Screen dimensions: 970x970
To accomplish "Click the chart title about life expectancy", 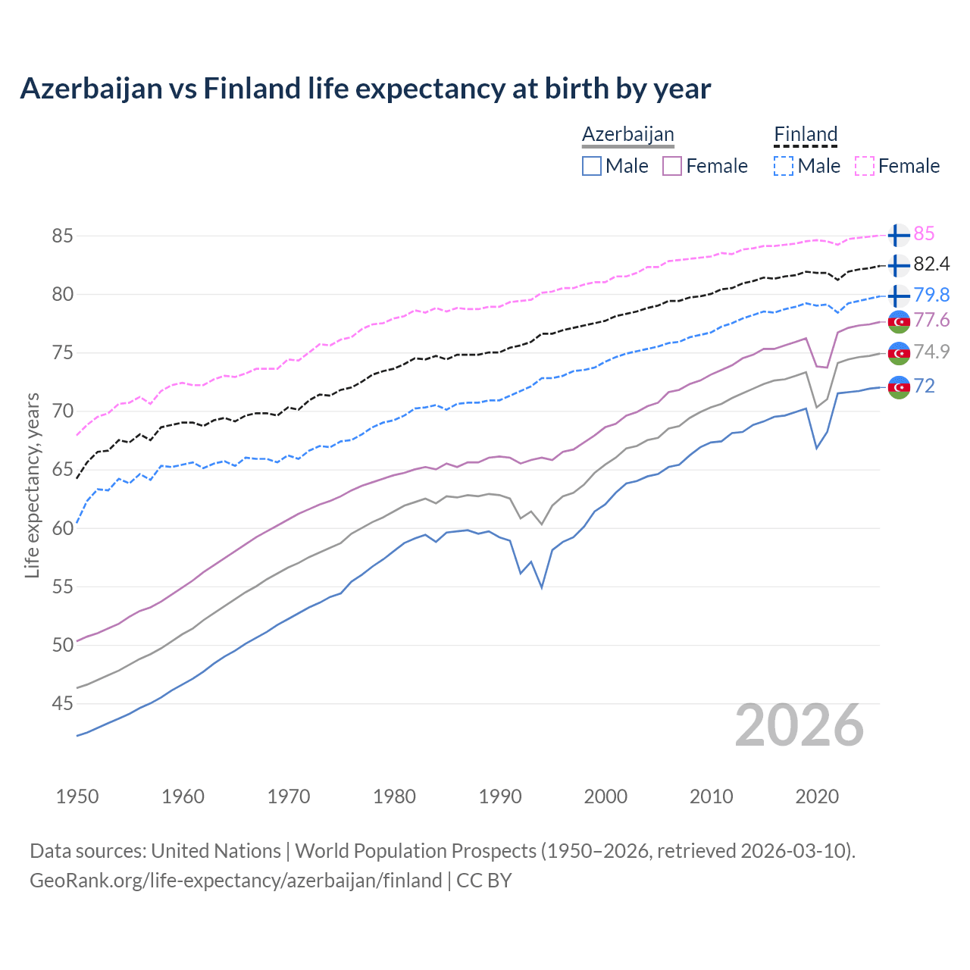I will pos(365,89).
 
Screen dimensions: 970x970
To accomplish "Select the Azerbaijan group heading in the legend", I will pos(627,134).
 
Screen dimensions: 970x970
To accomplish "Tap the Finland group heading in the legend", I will pos(806,134).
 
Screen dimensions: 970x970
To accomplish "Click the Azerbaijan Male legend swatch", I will pos(592,166).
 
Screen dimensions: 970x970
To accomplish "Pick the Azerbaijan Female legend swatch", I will pos(672,166).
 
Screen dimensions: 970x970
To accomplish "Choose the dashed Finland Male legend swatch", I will pos(784,166).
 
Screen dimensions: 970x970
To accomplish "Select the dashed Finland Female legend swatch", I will pos(865,166).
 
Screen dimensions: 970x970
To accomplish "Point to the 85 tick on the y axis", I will pos(62,236).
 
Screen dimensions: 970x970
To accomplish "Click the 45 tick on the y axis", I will pos(62,704).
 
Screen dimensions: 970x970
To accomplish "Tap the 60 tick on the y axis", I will pos(62,528).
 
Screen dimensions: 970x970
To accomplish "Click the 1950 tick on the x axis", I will pos(77,796).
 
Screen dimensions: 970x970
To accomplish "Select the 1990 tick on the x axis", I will pos(500,796).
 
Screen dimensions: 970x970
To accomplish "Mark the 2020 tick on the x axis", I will pos(817,796).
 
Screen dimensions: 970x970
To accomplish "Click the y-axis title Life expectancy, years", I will pos(33,485).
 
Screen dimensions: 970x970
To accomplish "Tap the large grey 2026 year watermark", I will pos(799,725).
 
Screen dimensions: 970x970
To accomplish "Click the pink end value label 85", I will pos(924,234).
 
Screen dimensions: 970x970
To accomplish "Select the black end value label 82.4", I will pos(931,264).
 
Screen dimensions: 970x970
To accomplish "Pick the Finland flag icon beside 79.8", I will pos(898,295).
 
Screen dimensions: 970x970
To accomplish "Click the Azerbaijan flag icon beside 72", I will pos(898,386).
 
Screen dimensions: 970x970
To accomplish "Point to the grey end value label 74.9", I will pos(931,352).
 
